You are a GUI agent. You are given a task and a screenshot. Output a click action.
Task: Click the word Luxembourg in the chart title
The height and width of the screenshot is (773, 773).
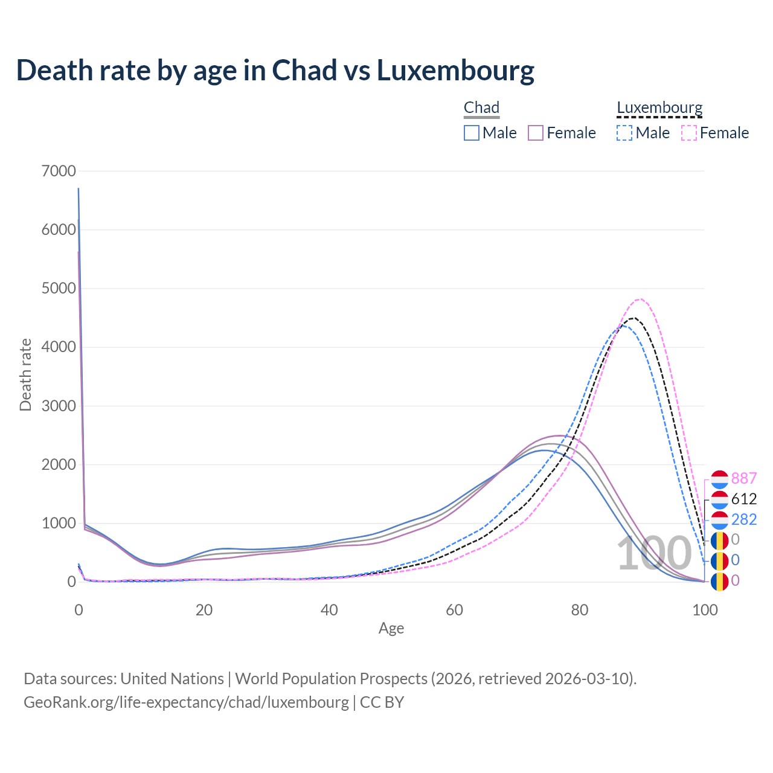click(x=455, y=70)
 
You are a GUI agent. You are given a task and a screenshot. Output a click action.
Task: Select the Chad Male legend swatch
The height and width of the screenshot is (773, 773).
click(x=472, y=133)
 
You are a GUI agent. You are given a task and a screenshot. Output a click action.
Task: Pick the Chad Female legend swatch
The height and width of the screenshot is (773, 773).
click(x=536, y=133)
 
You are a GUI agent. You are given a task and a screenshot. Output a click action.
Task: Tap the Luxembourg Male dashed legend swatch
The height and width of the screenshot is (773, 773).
click(x=624, y=133)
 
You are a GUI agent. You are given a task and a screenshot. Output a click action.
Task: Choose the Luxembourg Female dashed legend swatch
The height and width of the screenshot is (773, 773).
click(x=688, y=133)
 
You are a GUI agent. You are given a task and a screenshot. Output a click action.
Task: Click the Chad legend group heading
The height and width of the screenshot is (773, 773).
click(x=481, y=108)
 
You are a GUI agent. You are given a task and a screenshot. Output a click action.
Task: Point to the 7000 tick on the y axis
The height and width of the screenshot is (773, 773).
click(x=59, y=171)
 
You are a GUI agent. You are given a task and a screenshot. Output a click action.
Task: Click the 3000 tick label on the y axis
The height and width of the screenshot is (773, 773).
click(x=59, y=406)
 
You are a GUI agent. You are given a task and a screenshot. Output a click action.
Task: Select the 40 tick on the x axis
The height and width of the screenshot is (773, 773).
click(x=329, y=610)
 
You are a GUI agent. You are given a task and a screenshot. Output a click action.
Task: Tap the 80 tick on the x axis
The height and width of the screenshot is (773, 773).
click(x=580, y=610)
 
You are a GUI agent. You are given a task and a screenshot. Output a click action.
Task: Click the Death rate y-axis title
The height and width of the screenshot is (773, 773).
click(x=25, y=375)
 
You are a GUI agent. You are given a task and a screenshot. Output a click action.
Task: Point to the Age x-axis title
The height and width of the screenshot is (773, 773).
click(x=391, y=629)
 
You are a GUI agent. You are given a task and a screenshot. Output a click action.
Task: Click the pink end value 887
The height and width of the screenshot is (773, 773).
click(x=744, y=478)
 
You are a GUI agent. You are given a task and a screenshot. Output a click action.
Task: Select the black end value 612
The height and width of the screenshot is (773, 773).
click(x=744, y=499)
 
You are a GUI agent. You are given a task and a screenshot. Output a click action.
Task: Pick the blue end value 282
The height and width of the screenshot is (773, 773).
click(x=744, y=519)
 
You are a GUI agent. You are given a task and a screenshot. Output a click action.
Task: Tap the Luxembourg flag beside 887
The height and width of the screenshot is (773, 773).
click(x=719, y=479)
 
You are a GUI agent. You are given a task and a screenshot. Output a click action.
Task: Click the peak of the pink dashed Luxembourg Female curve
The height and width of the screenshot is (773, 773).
click(x=640, y=299)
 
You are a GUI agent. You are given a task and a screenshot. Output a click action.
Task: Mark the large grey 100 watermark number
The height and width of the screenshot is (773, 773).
click(x=653, y=553)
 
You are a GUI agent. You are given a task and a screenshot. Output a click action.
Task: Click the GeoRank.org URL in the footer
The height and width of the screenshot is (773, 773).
click(x=186, y=702)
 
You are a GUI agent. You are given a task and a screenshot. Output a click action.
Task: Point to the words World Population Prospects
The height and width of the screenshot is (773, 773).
click(x=331, y=679)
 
